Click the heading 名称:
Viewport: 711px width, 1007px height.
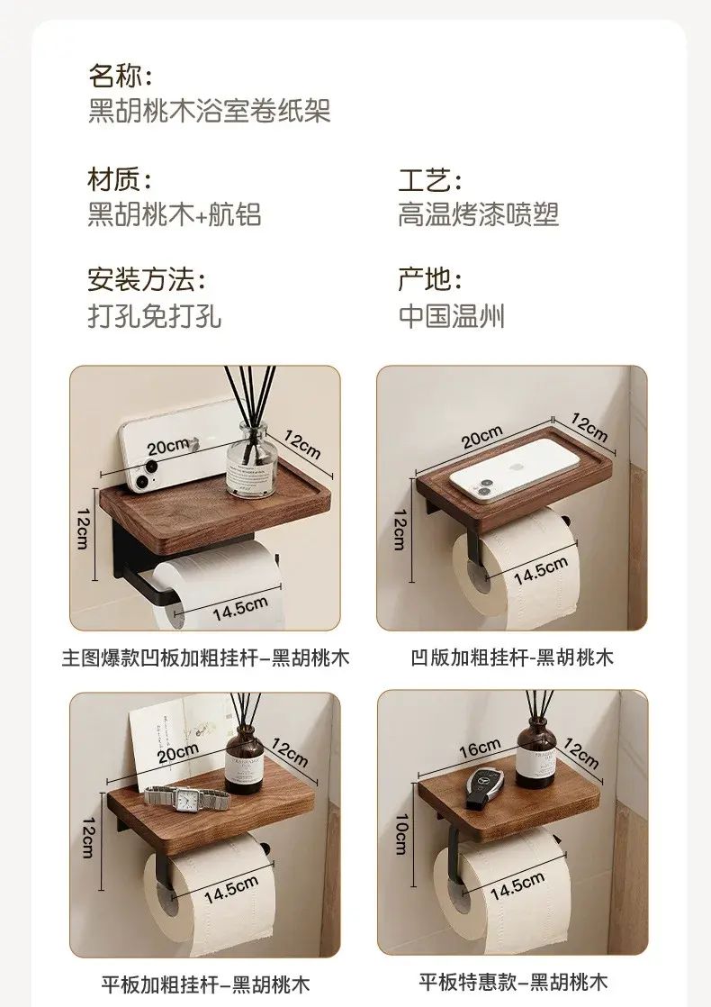121,75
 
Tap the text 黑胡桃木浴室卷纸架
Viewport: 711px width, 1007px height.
209,111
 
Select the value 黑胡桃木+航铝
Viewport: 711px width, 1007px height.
175,214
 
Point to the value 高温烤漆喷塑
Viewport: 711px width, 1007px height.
478,214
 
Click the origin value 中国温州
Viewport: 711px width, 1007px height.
451,316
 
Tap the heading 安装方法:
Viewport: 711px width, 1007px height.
147,280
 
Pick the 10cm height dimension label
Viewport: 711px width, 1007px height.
401,834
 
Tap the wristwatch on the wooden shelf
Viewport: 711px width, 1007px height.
187,798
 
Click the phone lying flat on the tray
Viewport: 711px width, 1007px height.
514,470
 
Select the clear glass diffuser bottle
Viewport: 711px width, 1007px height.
251,458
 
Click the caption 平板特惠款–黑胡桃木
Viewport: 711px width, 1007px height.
513,981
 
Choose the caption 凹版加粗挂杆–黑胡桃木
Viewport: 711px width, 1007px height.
512,657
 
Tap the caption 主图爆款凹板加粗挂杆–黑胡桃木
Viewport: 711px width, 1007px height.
205,658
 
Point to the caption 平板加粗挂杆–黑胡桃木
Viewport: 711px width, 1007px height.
205,984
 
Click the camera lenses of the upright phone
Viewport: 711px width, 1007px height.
144,473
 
